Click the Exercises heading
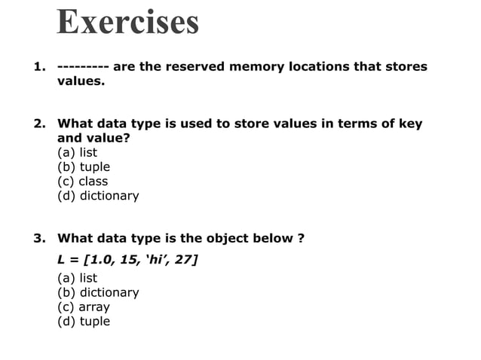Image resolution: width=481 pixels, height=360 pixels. [127, 23]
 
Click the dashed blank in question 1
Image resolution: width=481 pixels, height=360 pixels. [83, 66]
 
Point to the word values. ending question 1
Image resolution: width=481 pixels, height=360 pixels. [81, 81]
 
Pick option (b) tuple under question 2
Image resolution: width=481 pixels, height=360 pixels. [83, 167]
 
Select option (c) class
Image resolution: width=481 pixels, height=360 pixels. [82, 182]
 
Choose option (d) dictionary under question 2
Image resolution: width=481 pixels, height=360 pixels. [98, 196]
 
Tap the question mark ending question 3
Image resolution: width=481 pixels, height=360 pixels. [301, 239]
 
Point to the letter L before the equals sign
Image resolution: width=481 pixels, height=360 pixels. [61, 261]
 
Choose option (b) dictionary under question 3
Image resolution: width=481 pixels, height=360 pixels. [98, 292]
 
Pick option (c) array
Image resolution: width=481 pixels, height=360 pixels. [83, 307]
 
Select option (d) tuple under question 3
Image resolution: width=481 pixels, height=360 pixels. [83, 321]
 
